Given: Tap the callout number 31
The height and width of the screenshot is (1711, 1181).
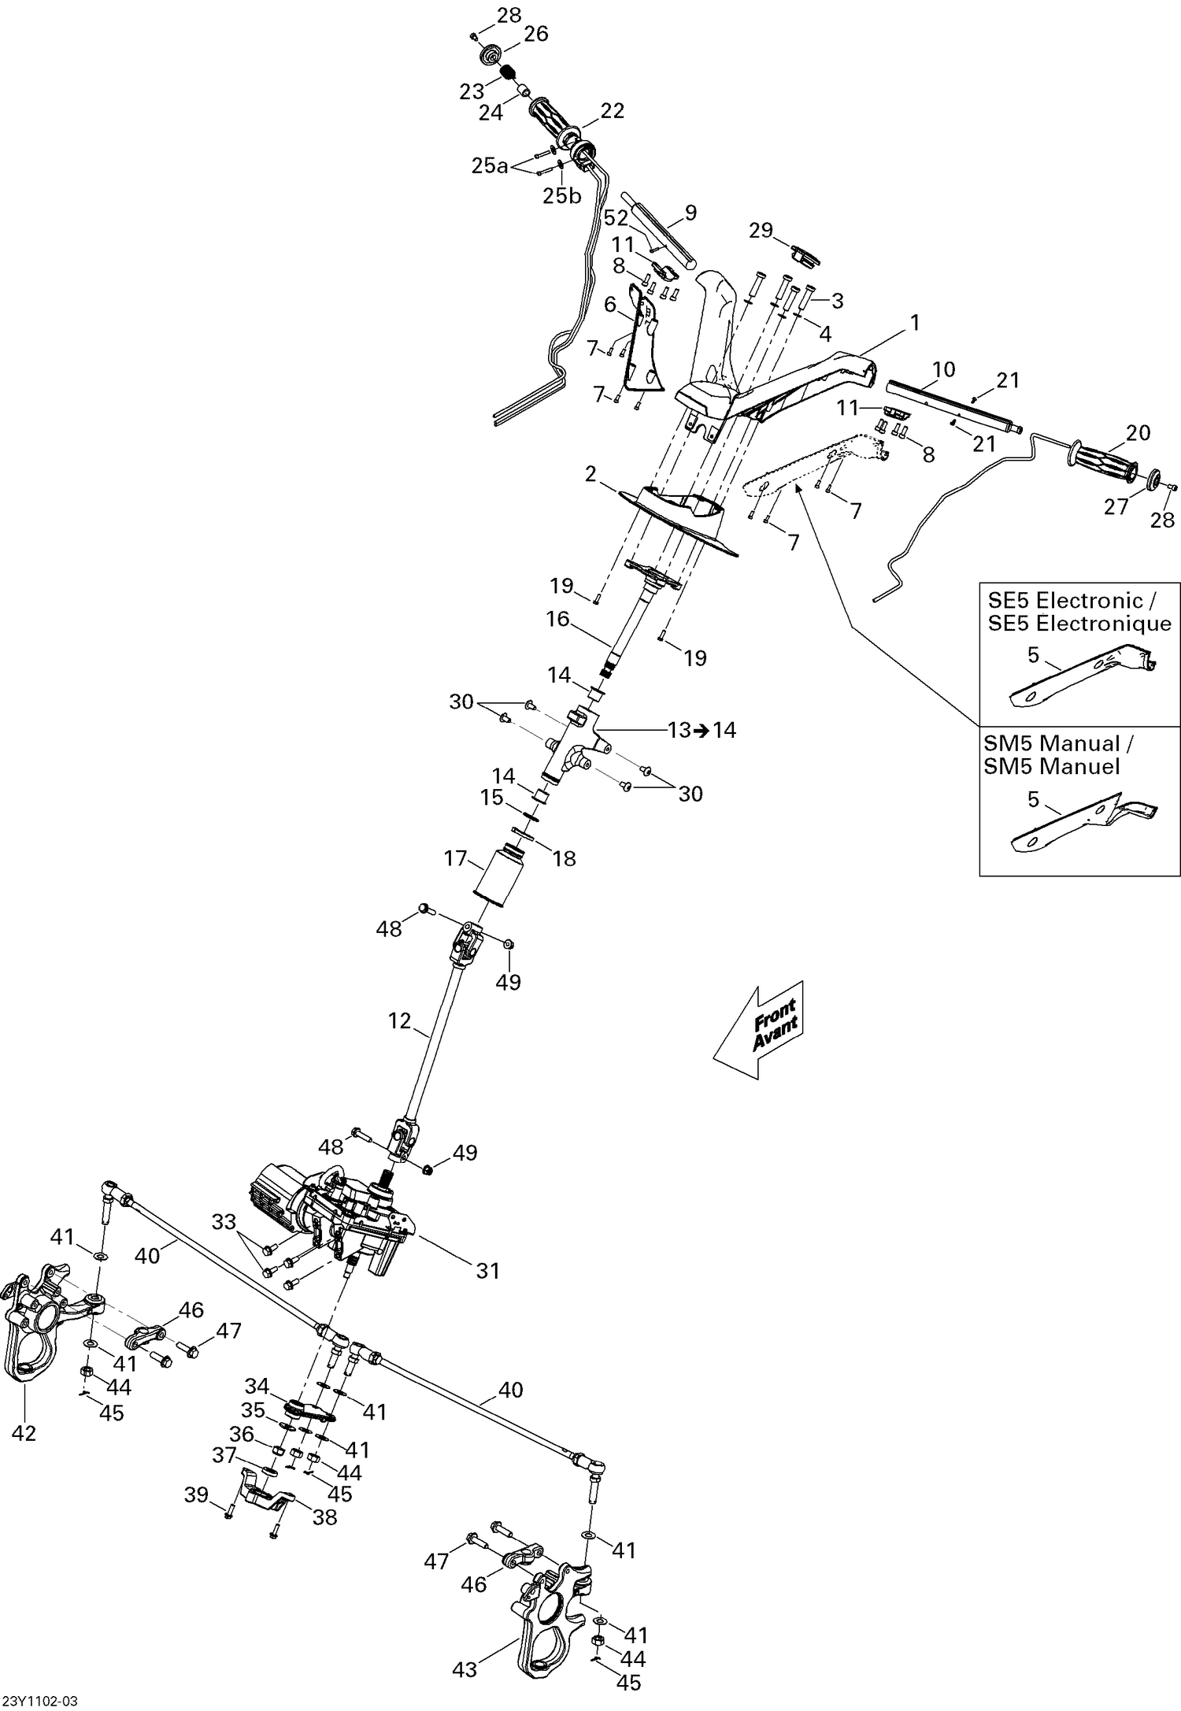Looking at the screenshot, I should click(488, 1271).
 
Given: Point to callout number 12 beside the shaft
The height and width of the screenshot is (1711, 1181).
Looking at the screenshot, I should click(400, 1020).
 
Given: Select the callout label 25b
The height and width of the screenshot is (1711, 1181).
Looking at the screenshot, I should click(561, 195).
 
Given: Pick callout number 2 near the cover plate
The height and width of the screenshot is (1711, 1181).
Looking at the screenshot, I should click(590, 473).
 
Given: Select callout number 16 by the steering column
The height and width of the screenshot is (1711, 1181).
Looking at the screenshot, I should click(557, 620).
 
